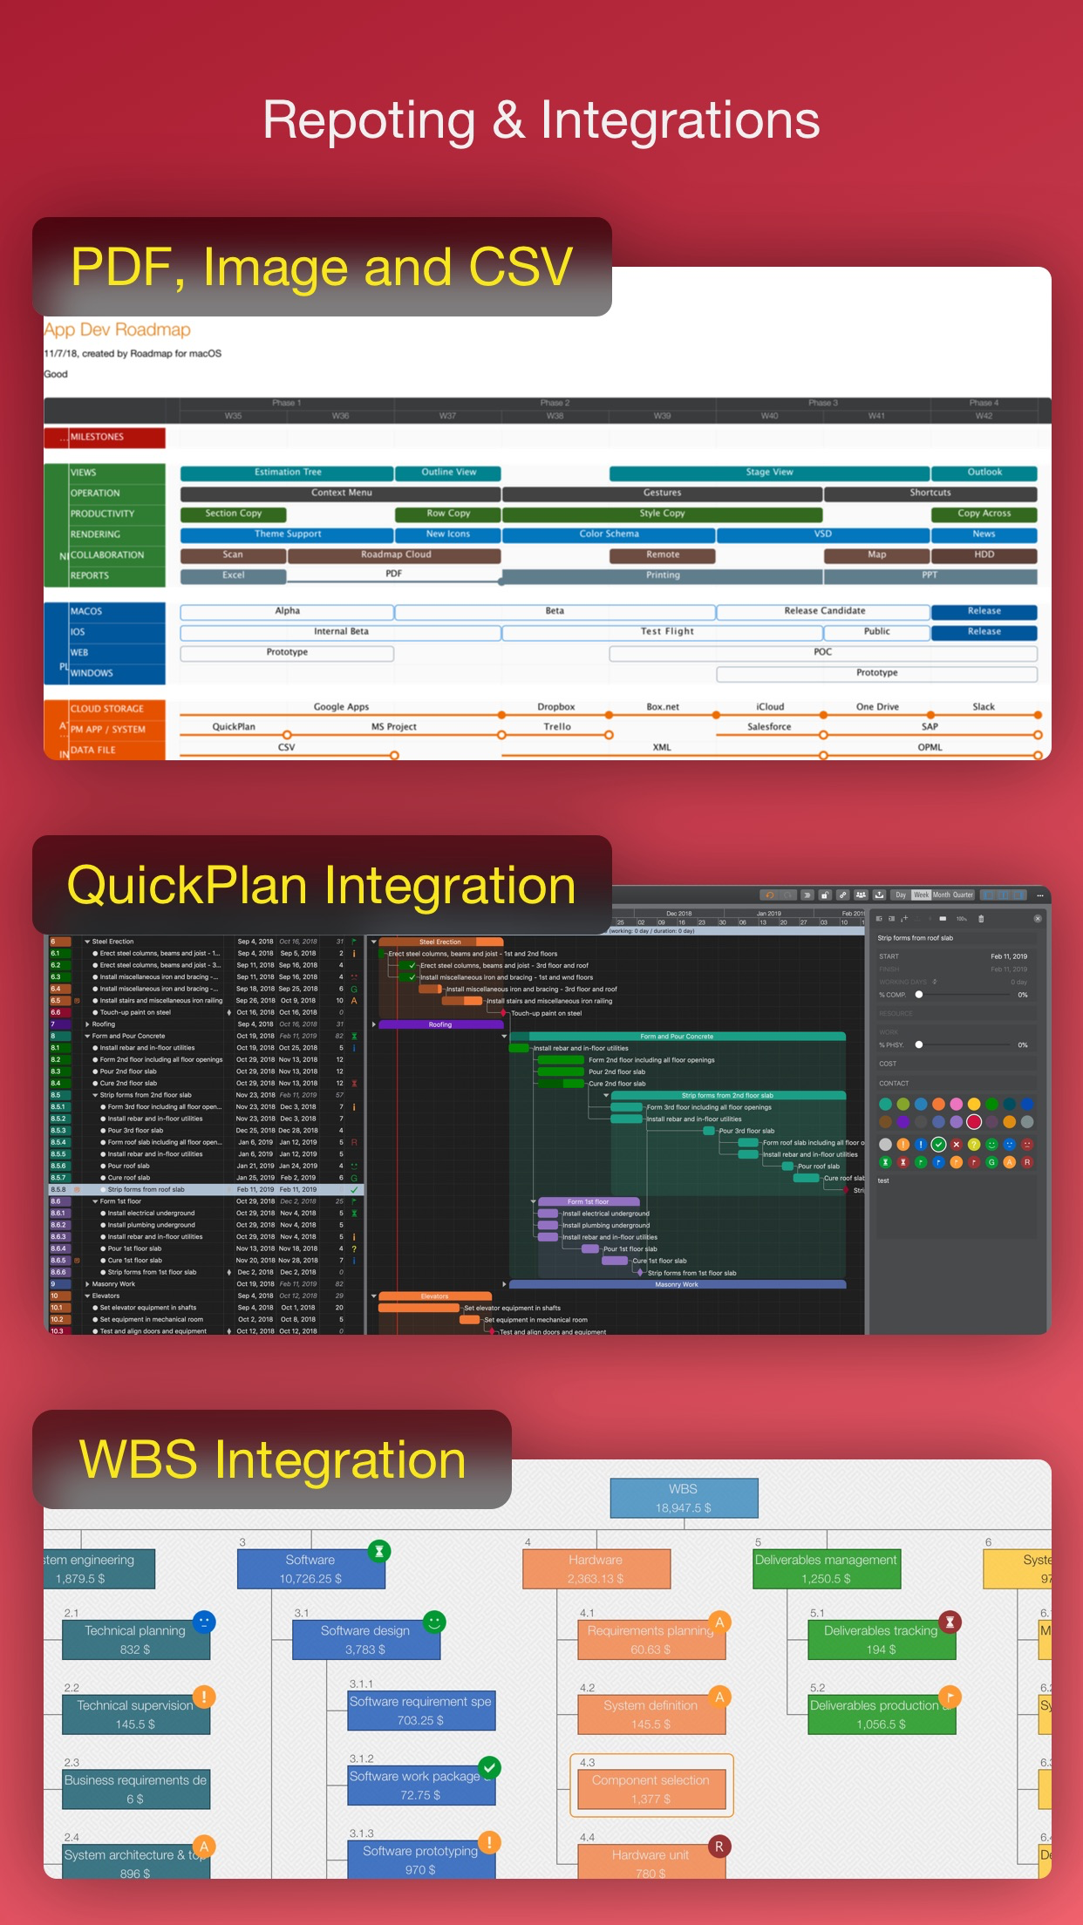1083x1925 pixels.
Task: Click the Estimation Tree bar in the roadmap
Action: click(x=287, y=473)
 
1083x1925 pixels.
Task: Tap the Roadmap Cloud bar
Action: click(x=395, y=555)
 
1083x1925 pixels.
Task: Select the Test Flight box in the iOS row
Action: click(x=667, y=631)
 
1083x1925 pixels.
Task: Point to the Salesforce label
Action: click(x=769, y=727)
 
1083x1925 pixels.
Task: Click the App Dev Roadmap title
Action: click(x=117, y=330)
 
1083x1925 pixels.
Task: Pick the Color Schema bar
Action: click(x=609, y=534)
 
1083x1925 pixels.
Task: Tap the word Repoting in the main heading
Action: click(x=369, y=120)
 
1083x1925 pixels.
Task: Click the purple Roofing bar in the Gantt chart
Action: click(x=440, y=1024)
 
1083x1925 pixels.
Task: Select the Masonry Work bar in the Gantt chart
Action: click(x=677, y=1284)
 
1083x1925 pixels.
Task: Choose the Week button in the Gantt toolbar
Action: click(x=921, y=894)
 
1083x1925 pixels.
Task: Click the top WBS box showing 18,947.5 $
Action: click(x=684, y=1498)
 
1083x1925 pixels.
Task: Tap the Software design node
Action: click(x=365, y=1640)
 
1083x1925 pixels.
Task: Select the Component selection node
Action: click(x=650, y=1789)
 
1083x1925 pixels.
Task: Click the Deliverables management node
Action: click(x=826, y=1568)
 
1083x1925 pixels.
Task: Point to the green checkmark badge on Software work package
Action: click(x=490, y=1767)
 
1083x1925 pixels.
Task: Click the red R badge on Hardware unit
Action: click(x=719, y=1846)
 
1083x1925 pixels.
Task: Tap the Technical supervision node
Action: click(x=135, y=1714)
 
